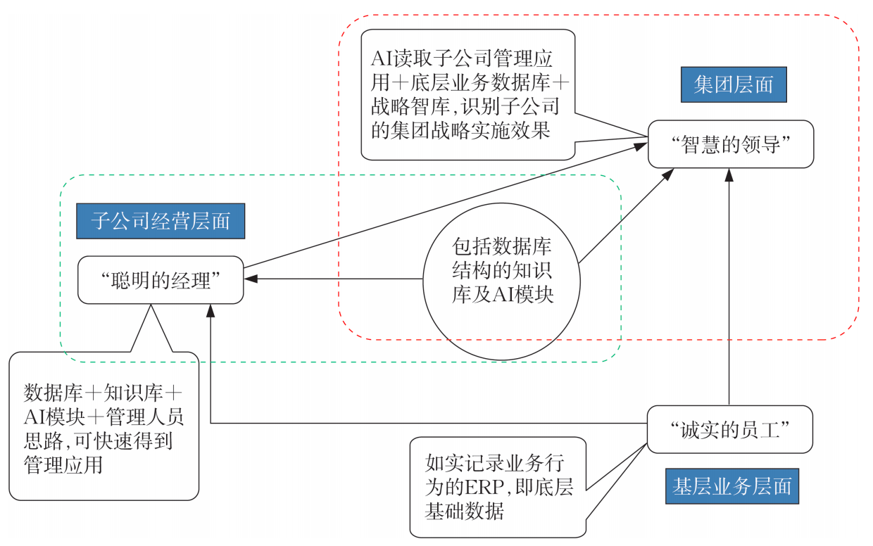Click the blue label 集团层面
click(x=734, y=84)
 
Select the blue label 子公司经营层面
click(x=161, y=221)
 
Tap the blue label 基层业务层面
click(x=732, y=486)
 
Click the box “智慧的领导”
click(x=731, y=144)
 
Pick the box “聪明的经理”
click(x=161, y=279)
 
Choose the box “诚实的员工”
click(x=730, y=429)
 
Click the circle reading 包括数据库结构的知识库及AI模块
click(x=501, y=281)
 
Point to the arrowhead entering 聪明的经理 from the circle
click(x=251, y=279)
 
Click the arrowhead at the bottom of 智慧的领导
click(x=729, y=175)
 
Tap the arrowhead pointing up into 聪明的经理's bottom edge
click(x=211, y=311)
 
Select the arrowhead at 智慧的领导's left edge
click(x=641, y=146)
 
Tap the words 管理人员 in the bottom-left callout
click(x=144, y=417)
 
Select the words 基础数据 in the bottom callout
click(x=464, y=511)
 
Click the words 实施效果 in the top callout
click(x=510, y=130)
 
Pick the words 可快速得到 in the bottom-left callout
click(x=123, y=441)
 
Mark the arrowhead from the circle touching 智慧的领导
click(x=668, y=174)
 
